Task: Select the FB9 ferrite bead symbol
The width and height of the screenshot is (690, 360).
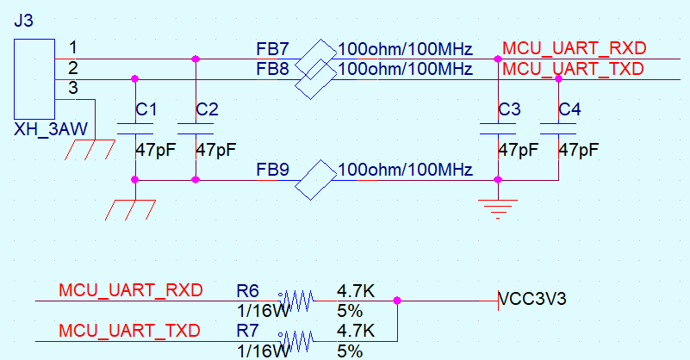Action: tap(315, 180)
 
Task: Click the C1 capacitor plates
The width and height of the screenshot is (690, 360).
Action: tap(135, 128)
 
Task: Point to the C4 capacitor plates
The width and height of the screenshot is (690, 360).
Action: tap(558, 128)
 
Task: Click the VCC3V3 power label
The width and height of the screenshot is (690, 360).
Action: tap(533, 299)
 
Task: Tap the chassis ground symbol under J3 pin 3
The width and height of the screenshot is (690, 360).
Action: tap(90, 150)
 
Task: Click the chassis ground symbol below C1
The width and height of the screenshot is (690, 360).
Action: tap(130, 210)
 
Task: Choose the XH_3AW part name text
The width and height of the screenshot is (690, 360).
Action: tap(51, 129)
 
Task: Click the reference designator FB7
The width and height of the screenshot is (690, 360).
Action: tap(273, 49)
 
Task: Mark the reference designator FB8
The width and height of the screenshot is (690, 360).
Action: tap(273, 69)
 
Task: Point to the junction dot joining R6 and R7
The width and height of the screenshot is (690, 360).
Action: tap(397, 301)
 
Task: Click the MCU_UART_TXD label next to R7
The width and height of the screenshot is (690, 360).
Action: tap(130, 331)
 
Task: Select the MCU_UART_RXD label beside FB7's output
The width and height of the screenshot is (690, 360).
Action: tap(575, 48)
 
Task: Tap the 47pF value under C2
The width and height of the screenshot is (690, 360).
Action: tap(216, 150)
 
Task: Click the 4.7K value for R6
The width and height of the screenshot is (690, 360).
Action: tap(356, 291)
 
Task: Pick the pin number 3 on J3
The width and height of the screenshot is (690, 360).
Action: tap(73, 88)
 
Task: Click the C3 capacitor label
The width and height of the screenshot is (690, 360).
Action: tap(510, 109)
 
